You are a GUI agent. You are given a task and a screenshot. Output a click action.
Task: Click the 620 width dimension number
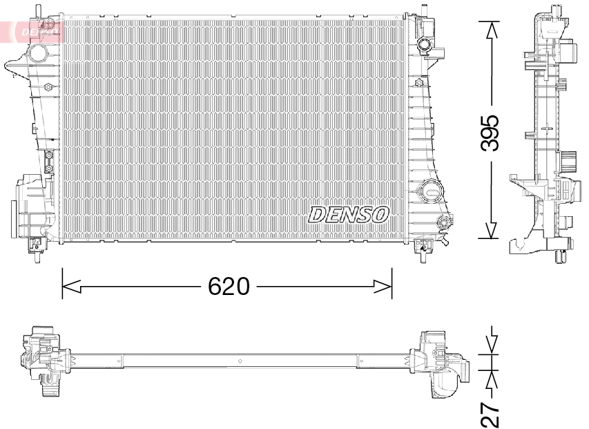[229, 285]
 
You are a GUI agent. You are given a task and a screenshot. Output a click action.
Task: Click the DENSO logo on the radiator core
[348, 214]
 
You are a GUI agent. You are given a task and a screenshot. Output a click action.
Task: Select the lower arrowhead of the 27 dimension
[491, 378]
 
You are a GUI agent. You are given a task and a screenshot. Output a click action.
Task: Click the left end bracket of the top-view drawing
[41, 363]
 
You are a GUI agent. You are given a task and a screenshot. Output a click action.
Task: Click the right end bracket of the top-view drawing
[439, 363]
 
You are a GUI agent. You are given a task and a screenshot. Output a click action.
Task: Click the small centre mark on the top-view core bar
[238, 361]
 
